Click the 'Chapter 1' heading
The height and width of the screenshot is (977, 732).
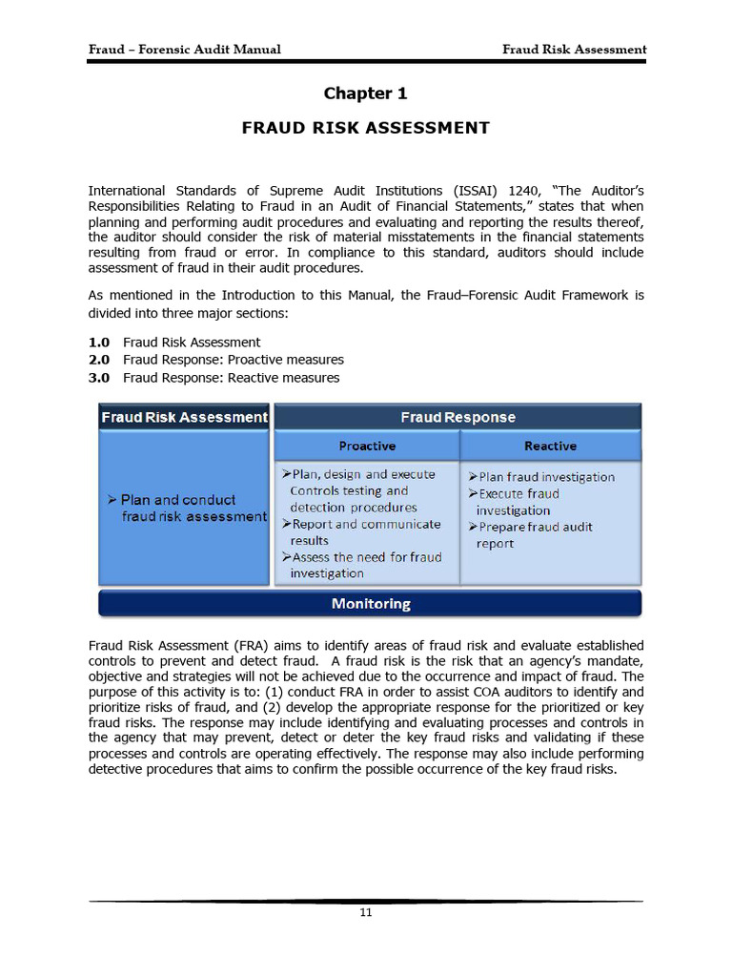[365, 94]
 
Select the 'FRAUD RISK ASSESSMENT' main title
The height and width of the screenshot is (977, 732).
[365, 128]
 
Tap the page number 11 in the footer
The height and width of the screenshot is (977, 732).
[365, 913]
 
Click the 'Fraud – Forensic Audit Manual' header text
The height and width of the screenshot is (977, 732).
[184, 50]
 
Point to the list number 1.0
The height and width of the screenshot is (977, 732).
[99, 343]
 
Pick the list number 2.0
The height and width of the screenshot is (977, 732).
[99, 360]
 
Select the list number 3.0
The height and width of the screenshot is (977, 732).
[99, 378]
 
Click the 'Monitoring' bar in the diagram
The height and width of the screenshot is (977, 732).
[370, 604]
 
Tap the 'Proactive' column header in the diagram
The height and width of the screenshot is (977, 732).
[367, 446]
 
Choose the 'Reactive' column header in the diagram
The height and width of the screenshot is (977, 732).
[550, 446]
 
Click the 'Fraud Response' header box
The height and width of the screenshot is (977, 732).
[457, 417]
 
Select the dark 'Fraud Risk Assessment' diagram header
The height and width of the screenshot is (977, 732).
[184, 417]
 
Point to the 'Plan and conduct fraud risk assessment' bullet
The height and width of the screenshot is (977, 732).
[187, 508]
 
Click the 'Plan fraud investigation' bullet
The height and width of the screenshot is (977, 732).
[541, 477]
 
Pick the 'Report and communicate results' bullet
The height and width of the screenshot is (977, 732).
[361, 532]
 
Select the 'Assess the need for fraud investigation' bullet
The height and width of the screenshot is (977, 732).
[361, 565]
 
